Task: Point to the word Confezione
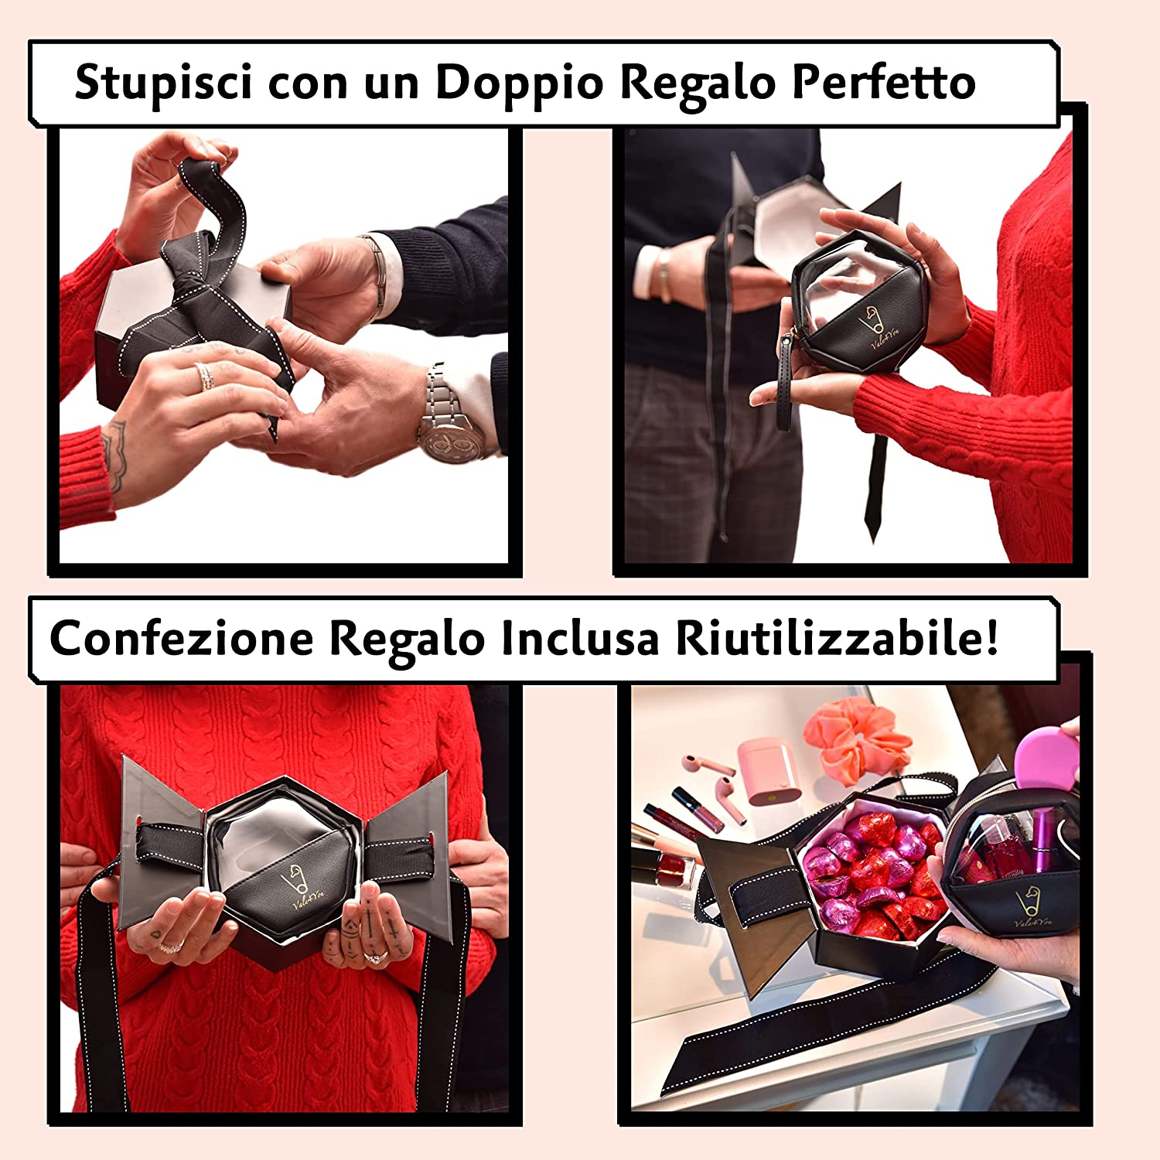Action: [182, 638]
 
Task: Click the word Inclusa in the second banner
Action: [579, 638]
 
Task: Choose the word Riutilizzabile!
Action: [837, 638]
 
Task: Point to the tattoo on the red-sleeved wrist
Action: [114, 456]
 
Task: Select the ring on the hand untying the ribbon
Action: [205, 377]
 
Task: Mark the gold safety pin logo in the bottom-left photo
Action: [292, 878]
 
